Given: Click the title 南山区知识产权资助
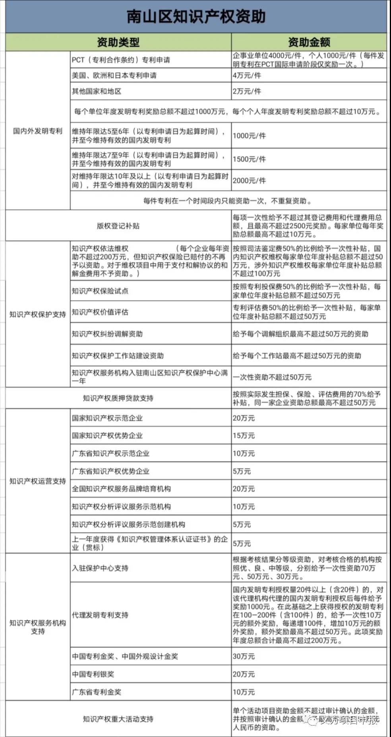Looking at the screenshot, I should [196, 17].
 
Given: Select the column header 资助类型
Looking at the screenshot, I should [118, 42].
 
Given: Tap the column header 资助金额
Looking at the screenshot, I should [309, 42].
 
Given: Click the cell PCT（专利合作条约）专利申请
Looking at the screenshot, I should [121, 60].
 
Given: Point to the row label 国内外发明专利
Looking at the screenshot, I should [38, 131].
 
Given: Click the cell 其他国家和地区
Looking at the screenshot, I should [97, 91].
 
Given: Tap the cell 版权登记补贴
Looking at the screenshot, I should [118, 226].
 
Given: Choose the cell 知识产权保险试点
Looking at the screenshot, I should [100, 291].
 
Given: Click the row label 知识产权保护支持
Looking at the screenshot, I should [38, 314].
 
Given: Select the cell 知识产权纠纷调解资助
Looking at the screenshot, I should [107, 334].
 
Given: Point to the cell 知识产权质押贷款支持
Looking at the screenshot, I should [118, 398].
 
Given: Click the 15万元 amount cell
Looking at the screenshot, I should [244, 436].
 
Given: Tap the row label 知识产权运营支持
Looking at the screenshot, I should [38, 481].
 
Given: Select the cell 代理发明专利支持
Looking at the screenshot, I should [100, 615].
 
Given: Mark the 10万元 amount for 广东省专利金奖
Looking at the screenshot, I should [244, 692].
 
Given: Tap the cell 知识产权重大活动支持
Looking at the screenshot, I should [118, 719].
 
